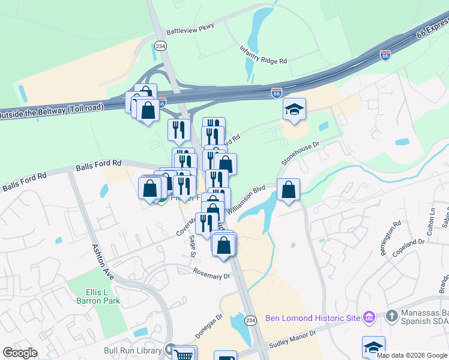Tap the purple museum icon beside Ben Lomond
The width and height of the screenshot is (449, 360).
[369, 317]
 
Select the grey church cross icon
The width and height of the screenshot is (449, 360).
[391, 316]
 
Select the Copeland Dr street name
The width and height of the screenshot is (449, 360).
[409, 242]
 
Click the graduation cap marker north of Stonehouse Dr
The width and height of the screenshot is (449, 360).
[294, 109]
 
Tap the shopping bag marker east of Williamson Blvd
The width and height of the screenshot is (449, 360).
[289, 189]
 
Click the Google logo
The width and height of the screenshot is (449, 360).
[20, 353]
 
